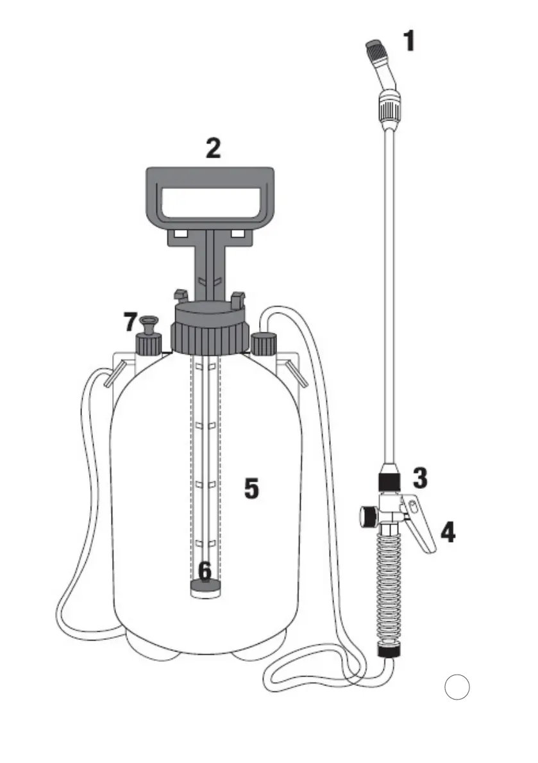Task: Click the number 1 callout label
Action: point(410,41)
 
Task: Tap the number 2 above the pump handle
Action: point(214,149)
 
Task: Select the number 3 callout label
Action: point(420,478)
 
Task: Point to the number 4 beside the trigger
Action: point(448,532)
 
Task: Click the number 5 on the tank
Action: point(251,489)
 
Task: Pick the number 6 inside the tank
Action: point(205,571)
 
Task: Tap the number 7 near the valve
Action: point(130,322)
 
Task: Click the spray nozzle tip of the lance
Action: point(376,49)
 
